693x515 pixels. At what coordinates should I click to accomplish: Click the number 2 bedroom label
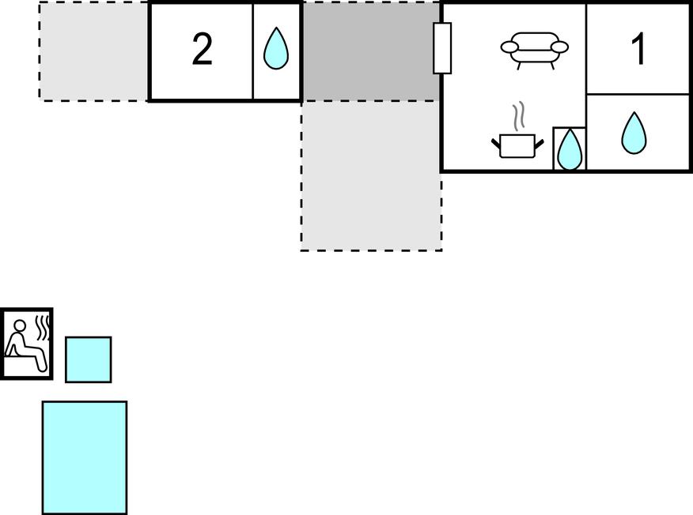click(202, 50)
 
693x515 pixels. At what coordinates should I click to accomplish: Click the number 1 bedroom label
click(638, 50)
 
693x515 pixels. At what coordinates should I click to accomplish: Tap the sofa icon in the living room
click(534, 51)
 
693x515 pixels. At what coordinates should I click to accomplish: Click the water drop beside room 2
click(276, 48)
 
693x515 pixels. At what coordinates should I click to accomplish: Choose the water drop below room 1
click(634, 133)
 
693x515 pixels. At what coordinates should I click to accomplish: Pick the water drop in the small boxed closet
click(570, 149)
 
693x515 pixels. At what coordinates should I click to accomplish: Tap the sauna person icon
click(27, 344)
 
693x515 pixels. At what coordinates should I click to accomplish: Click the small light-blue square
click(89, 359)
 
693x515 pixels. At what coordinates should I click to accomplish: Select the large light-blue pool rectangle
click(85, 457)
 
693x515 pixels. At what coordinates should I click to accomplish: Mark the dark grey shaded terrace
click(371, 51)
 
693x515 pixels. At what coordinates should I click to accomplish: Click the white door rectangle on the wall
click(442, 48)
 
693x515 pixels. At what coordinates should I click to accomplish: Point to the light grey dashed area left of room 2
click(93, 51)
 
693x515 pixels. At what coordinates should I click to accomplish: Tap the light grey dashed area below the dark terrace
click(371, 176)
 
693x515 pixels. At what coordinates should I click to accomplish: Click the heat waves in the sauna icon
click(43, 327)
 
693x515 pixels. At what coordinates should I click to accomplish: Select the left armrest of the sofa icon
click(509, 47)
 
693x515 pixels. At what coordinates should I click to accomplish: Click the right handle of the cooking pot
click(540, 143)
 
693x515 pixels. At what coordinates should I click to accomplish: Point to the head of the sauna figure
click(20, 325)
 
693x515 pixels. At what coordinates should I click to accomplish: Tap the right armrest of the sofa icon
click(560, 47)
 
